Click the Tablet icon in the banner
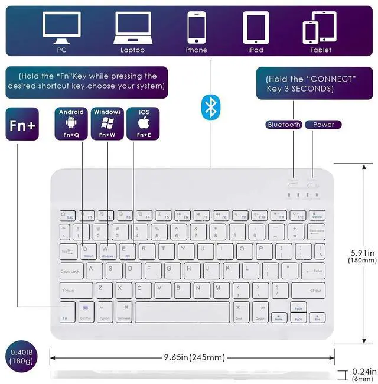(x=320, y=28)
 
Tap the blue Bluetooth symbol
(x=210, y=107)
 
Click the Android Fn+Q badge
(x=71, y=123)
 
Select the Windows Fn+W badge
(x=107, y=123)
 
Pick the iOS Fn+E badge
(x=144, y=123)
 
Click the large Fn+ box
(x=22, y=124)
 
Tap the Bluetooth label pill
(x=284, y=125)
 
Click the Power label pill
(x=323, y=125)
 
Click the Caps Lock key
(x=71, y=271)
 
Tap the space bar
(x=182, y=312)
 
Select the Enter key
(x=312, y=271)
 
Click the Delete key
(x=317, y=215)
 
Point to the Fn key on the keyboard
(x=67, y=311)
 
